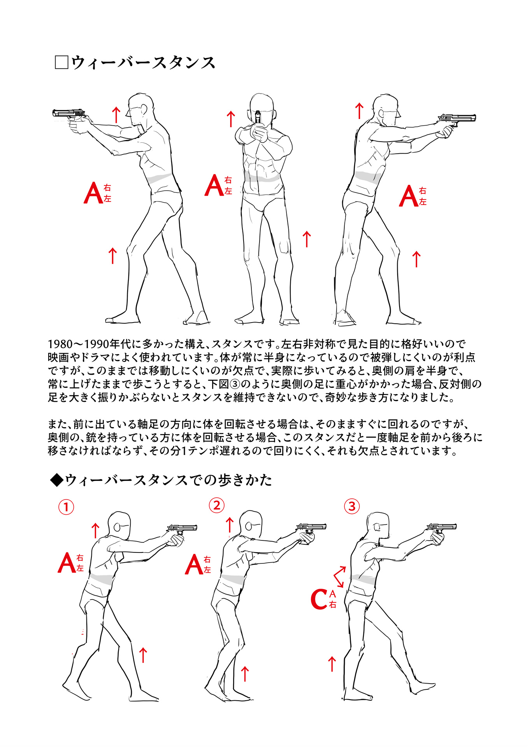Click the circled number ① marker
tap(66, 507)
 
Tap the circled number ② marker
tap(217, 505)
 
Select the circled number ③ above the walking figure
tap(352, 506)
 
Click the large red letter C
tap(319, 599)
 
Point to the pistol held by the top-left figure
tap(69, 114)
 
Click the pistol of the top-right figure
tap(458, 119)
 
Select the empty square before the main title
tap(61, 63)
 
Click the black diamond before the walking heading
tap(57, 480)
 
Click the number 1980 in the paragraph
tap(60, 344)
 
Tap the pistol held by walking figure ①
tap(182, 529)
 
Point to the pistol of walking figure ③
tap(442, 528)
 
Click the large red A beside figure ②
tap(193, 565)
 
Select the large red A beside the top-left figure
tap(93, 193)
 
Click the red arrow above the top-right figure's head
tap(359, 111)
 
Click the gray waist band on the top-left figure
tap(160, 179)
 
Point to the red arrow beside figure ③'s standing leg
tap(332, 664)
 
